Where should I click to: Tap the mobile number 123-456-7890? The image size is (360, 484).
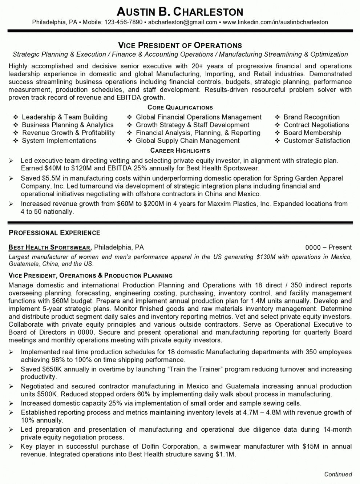pyautogui.click(x=124, y=22)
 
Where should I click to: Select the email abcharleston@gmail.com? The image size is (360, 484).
pyautogui.click(x=183, y=22)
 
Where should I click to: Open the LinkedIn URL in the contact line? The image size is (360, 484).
pyautogui.click(x=275, y=22)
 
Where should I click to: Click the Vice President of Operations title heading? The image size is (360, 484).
pyautogui.click(x=180, y=45)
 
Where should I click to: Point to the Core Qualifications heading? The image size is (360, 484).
pyautogui.click(x=180, y=108)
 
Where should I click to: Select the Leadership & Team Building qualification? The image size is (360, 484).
pyautogui.click(x=65, y=117)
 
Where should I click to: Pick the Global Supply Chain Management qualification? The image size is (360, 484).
pyautogui.click(x=187, y=141)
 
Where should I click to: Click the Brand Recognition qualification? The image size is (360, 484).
pyautogui.click(x=311, y=117)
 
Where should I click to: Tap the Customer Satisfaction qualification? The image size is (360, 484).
pyautogui.click(x=317, y=141)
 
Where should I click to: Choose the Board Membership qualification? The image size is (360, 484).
pyautogui.click(x=312, y=133)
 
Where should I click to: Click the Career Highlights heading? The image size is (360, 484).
pyautogui.click(x=180, y=150)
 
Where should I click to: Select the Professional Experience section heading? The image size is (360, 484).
pyautogui.click(x=54, y=233)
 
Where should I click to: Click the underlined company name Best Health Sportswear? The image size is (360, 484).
pyautogui.click(x=50, y=247)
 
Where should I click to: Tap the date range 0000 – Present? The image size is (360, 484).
pyautogui.click(x=328, y=247)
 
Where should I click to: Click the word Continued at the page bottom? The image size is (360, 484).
pyautogui.click(x=338, y=474)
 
